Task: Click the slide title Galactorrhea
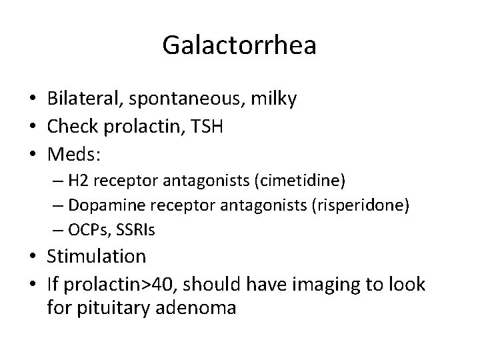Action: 239,46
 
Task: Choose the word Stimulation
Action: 96,255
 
